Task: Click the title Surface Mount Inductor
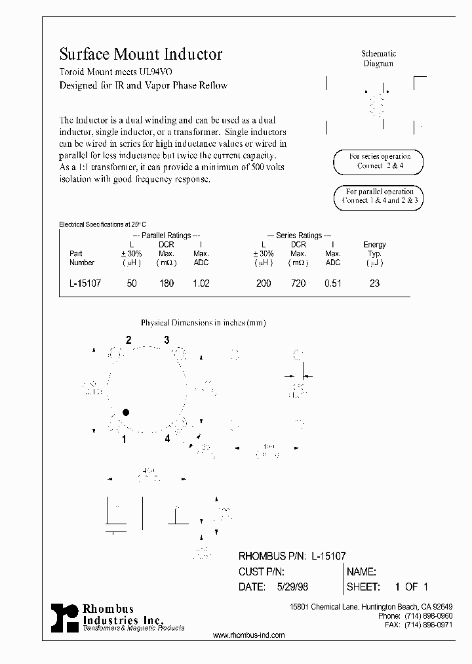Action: coord(141,54)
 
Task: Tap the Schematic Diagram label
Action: coord(379,58)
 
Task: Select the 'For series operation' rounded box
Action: coord(379,161)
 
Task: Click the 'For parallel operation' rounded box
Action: coord(379,196)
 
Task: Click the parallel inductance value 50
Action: coord(132,283)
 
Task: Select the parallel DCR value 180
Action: coord(167,283)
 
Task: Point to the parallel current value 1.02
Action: coord(201,283)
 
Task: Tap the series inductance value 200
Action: coord(264,283)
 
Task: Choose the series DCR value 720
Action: coord(298,283)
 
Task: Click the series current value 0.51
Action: coord(333,283)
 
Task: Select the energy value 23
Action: coord(374,283)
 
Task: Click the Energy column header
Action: coord(374,245)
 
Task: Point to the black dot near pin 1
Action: coord(126,412)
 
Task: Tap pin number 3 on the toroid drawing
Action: coord(167,340)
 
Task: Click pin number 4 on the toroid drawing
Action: coord(167,438)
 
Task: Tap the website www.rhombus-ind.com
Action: coord(249,635)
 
